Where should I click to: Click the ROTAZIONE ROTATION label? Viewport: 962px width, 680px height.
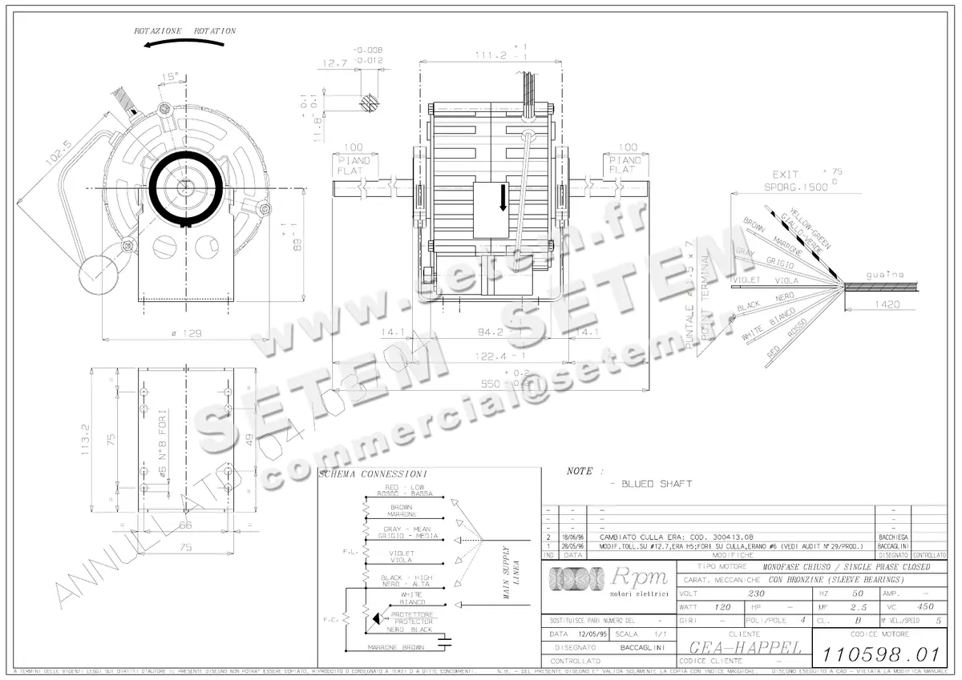tap(185, 30)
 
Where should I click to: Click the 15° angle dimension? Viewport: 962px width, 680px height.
tap(170, 78)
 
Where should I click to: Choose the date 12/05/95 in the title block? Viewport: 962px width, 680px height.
tap(592, 633)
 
